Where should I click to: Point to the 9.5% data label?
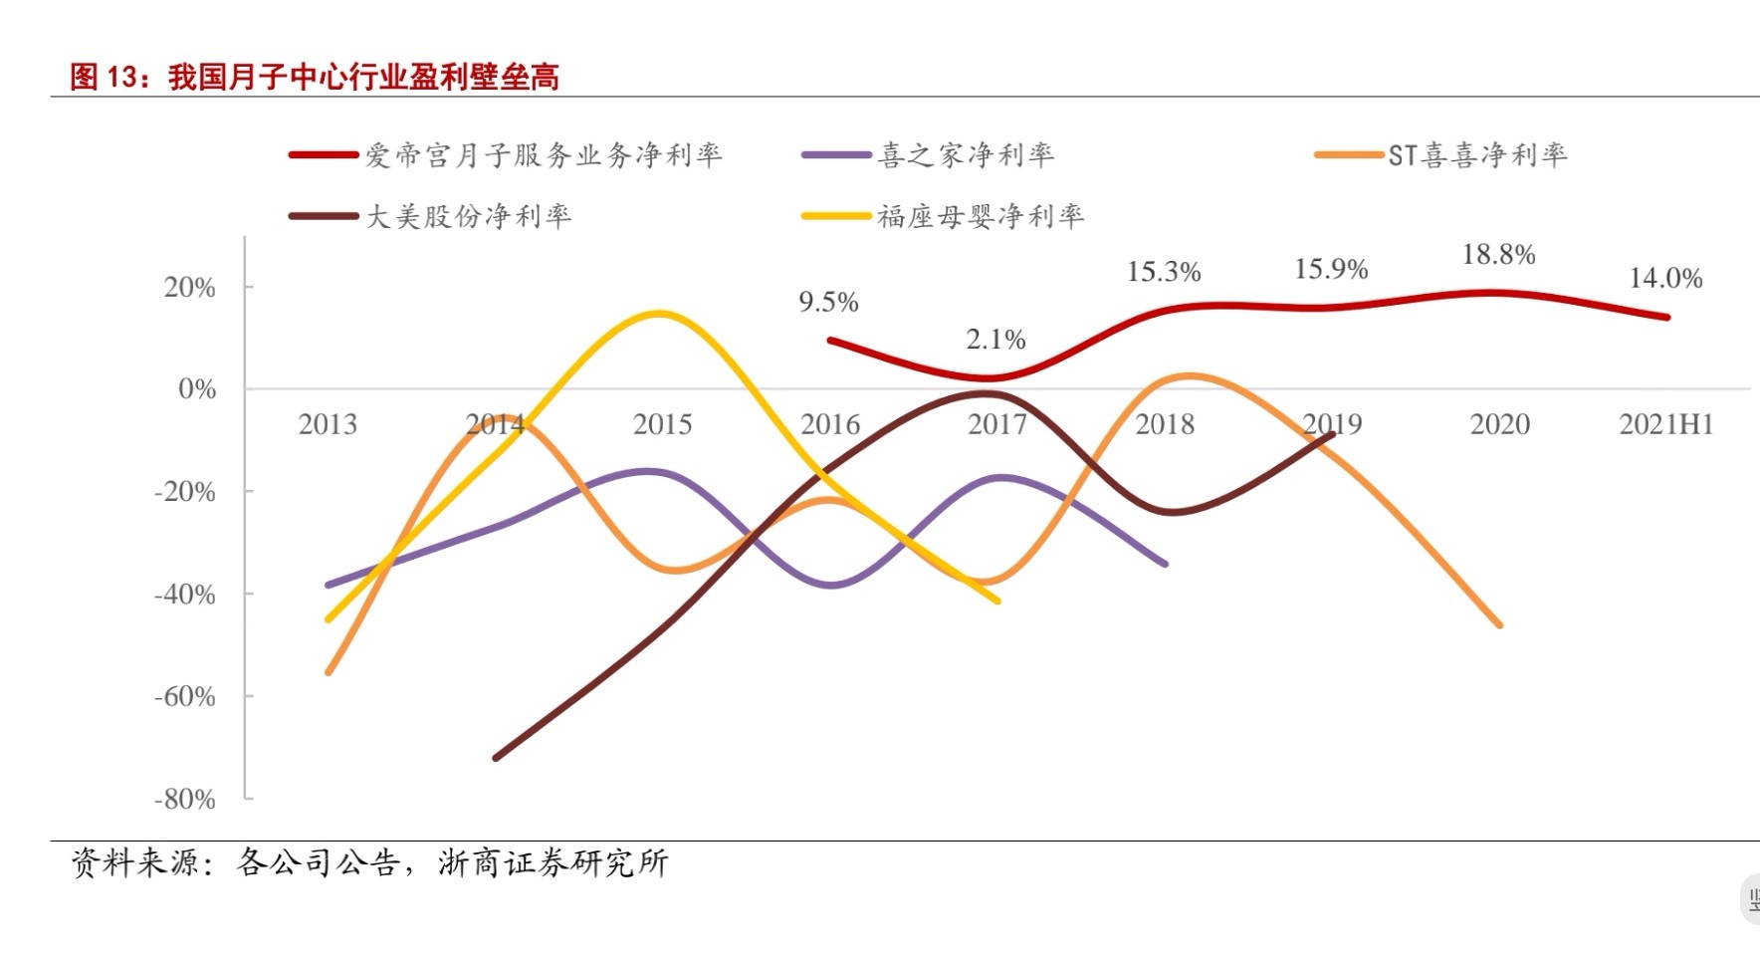click(828, 302)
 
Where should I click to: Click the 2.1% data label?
click(995, 340)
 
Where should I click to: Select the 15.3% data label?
click(1164, 272)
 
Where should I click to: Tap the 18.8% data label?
click(1498, 255)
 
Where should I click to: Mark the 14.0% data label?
click(1665, 278)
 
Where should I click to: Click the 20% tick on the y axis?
click(190, 288)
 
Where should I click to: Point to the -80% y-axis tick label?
click(185, 799)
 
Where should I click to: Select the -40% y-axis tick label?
click(185, 595)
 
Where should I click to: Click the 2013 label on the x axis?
click(328, 424)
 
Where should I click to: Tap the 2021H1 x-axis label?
click(1665, 424)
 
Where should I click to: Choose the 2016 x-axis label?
click(830, 424)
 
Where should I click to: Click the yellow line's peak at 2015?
click(659, 314)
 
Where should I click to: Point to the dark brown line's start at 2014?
click(496, 758)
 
